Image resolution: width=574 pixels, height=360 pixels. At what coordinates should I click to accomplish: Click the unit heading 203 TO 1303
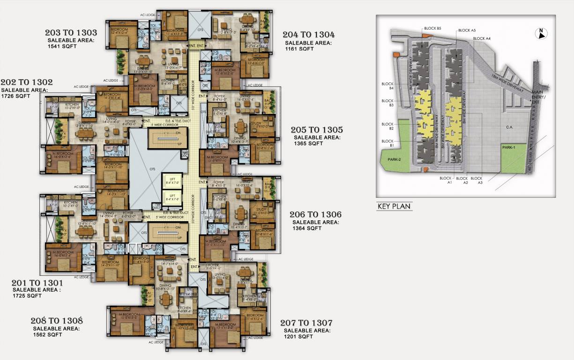71,33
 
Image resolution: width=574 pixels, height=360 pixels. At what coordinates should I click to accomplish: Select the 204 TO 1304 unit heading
308,35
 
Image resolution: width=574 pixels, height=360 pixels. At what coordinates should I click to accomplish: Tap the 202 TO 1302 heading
27,82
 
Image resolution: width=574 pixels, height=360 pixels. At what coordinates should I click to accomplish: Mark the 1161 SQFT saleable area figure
299,49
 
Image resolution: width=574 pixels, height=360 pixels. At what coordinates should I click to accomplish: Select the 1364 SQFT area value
307,228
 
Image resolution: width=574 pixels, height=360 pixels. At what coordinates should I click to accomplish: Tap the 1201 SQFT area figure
298,337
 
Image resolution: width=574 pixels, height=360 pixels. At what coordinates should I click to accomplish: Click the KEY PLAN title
394,206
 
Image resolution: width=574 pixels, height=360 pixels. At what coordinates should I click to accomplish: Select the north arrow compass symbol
540,33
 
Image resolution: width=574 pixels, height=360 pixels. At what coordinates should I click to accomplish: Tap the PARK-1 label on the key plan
509,147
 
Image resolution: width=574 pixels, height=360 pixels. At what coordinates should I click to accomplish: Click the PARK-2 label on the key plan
395,159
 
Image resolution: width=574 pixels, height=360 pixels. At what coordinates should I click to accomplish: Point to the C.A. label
511,127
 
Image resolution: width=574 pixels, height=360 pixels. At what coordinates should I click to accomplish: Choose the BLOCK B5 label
432,28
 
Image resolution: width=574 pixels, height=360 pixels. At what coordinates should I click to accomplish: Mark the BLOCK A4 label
482,38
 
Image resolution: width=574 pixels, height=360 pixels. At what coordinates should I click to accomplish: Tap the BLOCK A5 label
467,30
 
